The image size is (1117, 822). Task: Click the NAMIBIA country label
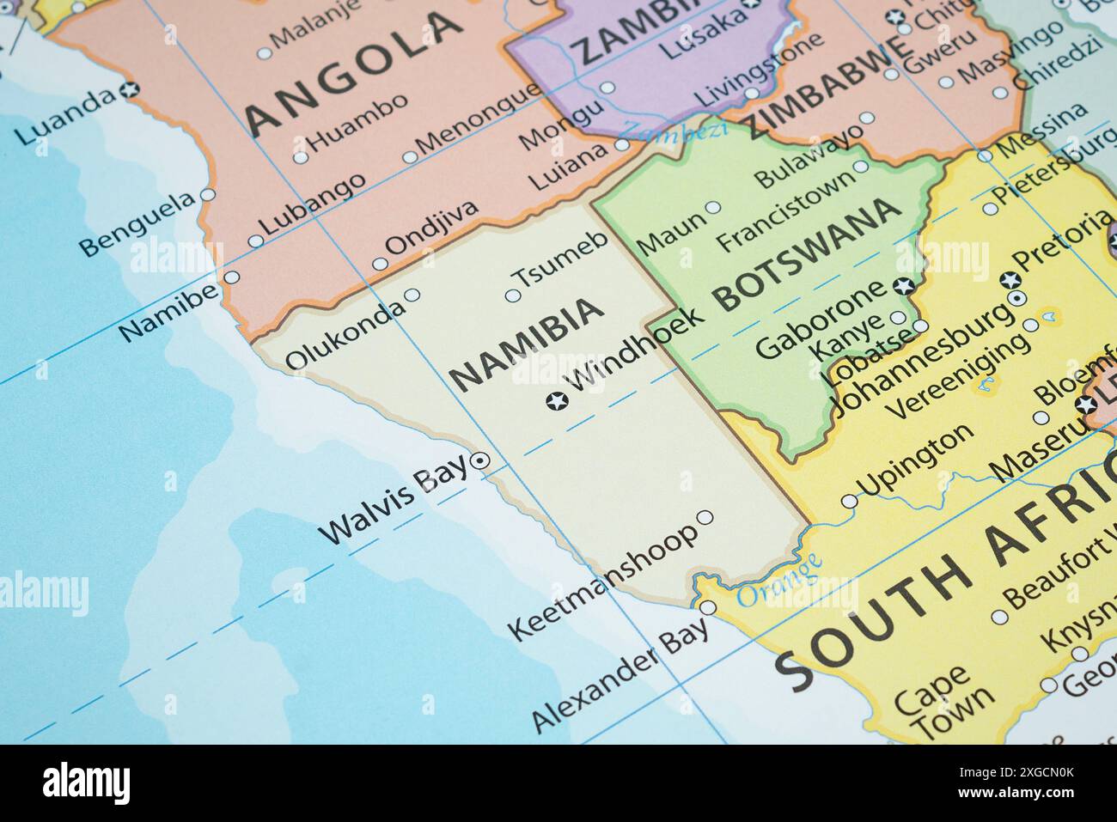tap(527, 344)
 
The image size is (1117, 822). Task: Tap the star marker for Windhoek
tap(557, 400)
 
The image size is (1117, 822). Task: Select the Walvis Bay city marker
tap(480, 461)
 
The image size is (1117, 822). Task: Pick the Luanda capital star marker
tap(131, 88)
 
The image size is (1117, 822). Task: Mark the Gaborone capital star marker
tap(902, 286)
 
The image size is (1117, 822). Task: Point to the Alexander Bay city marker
tap(708, 607)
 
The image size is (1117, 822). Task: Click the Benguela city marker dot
tap(207, 195)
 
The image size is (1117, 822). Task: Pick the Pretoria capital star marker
tap(1010, 279)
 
